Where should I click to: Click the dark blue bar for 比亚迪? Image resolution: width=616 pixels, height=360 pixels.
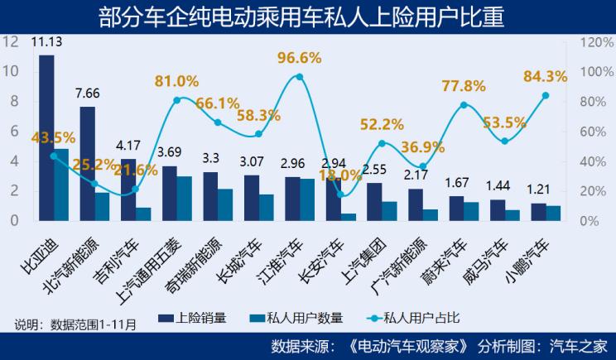46,137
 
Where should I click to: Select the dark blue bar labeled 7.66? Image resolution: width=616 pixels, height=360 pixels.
87,164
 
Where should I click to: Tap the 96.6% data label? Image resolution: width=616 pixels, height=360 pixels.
299,59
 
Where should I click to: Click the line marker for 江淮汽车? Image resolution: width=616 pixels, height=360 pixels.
299,77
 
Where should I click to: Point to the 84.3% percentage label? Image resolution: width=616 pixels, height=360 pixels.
545,77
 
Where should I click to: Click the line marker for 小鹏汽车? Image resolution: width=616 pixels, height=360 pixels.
545,95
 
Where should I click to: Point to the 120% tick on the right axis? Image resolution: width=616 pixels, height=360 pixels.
596,41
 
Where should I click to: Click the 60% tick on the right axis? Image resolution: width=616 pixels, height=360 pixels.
593,131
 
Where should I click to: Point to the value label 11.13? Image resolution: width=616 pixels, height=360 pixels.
46,41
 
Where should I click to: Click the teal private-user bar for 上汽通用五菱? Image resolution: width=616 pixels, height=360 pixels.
184,199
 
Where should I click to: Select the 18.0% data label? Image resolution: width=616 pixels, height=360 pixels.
339,175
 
